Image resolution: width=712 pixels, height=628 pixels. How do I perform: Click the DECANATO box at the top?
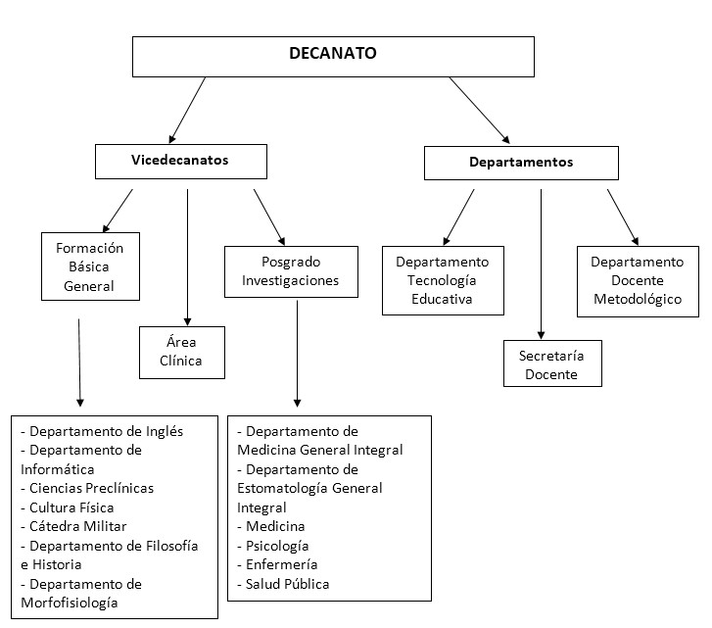coord(332,56)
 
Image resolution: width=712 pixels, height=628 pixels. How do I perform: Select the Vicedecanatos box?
coord(180,161)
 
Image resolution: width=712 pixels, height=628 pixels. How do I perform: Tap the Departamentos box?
coord(520,163)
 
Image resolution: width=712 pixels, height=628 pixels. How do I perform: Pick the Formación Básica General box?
coord(89,266)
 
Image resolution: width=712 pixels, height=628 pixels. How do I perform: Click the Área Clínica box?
coord(181,352)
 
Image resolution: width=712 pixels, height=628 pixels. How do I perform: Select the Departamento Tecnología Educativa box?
coord(442,280)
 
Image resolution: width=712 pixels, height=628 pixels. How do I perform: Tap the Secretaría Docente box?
coord(551,363)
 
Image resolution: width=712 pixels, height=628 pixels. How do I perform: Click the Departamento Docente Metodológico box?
coord(637,280)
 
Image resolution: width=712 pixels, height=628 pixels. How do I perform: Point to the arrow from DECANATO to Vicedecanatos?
coord(188,109)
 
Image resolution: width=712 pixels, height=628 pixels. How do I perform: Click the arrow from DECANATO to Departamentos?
coord(480,110)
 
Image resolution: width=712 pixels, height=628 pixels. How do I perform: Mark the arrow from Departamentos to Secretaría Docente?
coord(540,265)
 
